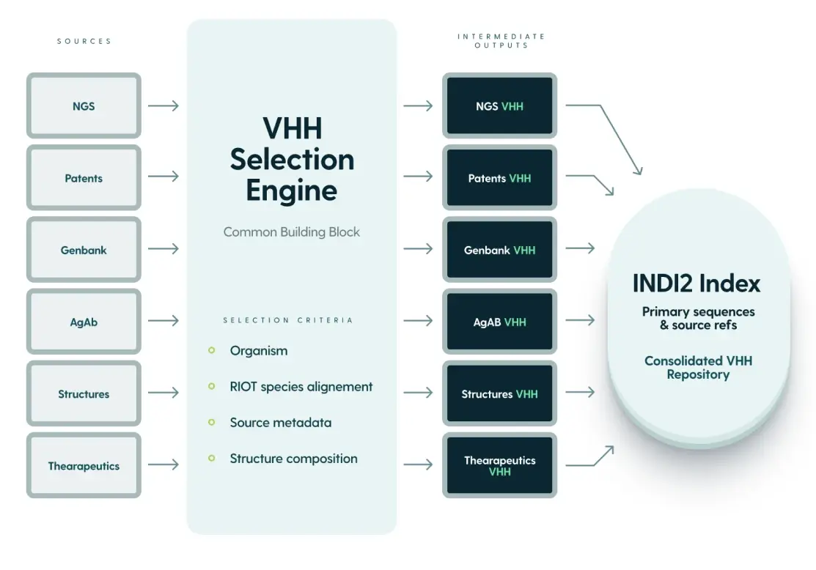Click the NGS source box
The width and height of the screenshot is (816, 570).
click(x=84, y=106)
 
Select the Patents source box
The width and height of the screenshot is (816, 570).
click(x=84, y=178)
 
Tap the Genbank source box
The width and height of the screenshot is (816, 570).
click(x=84, y=250)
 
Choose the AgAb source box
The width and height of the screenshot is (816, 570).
click(x=84, y=322)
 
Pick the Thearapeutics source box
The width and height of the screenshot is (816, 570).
click(x=84, y=466)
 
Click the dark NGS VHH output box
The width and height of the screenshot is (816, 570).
click(x=499, y=106)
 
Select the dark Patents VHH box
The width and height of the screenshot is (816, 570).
click(x=499, y=178)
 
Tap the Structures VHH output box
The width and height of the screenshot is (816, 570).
click(x=499, y=394)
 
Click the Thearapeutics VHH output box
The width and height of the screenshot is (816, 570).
click(x=499, y=466)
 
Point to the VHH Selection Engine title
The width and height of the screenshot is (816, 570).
click(x=292, y=159)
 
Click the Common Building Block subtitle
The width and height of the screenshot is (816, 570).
click(x=292, y=232)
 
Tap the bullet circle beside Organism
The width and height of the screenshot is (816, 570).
click(x=212, y=350)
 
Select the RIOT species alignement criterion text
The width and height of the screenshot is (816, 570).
click(x=301, y=387)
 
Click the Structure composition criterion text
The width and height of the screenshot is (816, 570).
click(x=293, y=459)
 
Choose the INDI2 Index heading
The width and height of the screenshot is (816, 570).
click(x=696, y=283)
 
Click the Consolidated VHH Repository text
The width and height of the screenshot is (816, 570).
click(x=698, y=367)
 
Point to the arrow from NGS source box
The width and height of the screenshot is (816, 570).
click(x=163, y=106)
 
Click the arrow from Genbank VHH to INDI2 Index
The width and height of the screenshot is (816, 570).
click(x=580, y=249)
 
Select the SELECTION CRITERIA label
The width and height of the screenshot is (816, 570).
click(x=287, y=320)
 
